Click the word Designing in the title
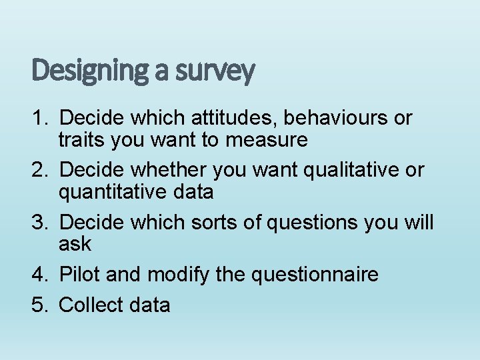coord(89,71)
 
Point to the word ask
coord(75,244)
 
